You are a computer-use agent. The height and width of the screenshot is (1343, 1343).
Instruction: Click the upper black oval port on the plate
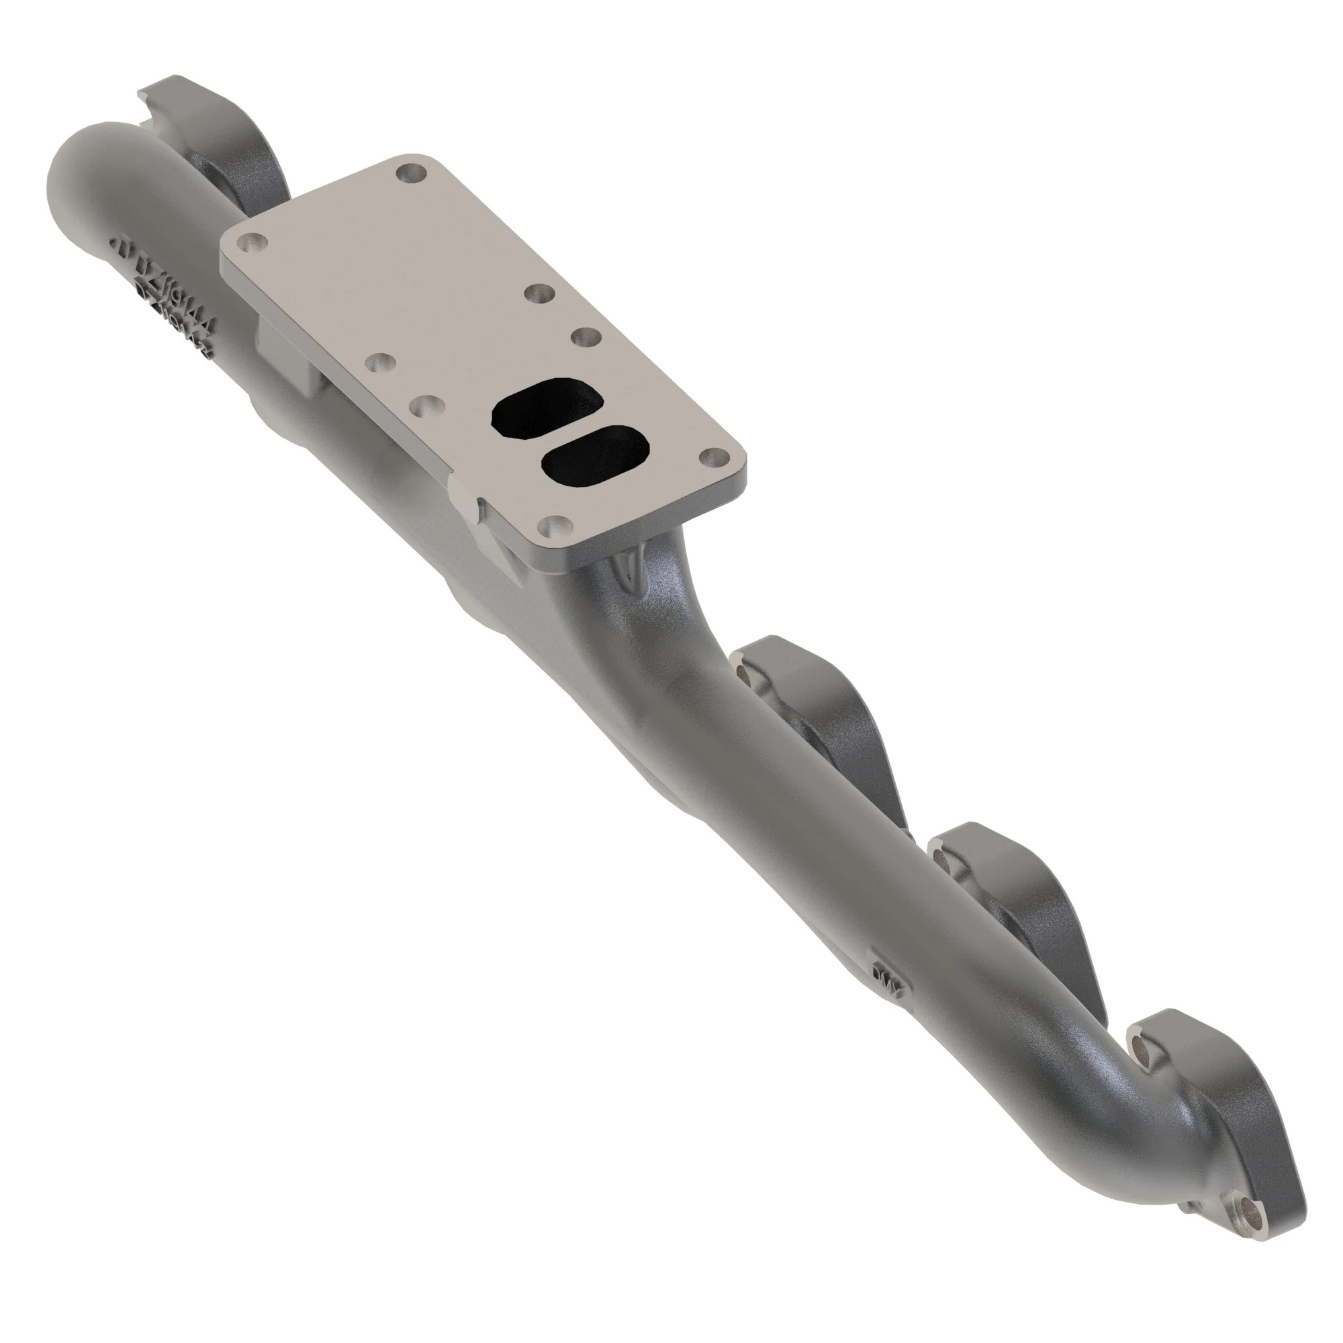click(547, 408)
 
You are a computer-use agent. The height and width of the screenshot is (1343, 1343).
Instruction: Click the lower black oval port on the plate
click(596, 456)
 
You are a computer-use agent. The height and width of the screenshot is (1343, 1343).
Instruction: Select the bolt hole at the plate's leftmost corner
click(252, 244)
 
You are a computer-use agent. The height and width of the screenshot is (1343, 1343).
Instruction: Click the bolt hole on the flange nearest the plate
click(744, 671)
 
